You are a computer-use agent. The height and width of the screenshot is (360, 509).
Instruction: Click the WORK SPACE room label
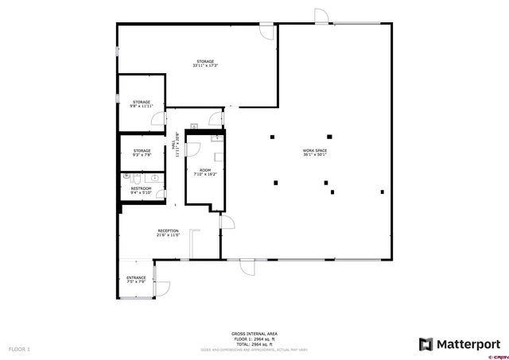[x=315, y=151]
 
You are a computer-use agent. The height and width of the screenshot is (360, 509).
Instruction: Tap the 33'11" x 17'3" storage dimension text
[x=205, y=66]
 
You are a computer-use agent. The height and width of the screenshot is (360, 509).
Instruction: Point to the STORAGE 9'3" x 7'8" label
[x=142, y=152]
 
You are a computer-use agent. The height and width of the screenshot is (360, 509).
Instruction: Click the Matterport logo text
[x=460, y=343]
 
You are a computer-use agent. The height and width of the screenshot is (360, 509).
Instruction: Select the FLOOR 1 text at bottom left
[x=19, y=349]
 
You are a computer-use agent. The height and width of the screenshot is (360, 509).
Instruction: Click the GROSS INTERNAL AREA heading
[x=254, y=334]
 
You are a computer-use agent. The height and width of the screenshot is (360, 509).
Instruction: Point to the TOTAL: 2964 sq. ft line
[x=254, y=343]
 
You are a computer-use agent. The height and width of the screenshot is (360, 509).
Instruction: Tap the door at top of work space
[x=321, y=16]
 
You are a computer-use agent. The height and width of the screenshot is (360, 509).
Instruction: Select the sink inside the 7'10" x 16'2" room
[x=215, y=137]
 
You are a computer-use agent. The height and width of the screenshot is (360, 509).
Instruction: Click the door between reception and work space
[x=227, y=223]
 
